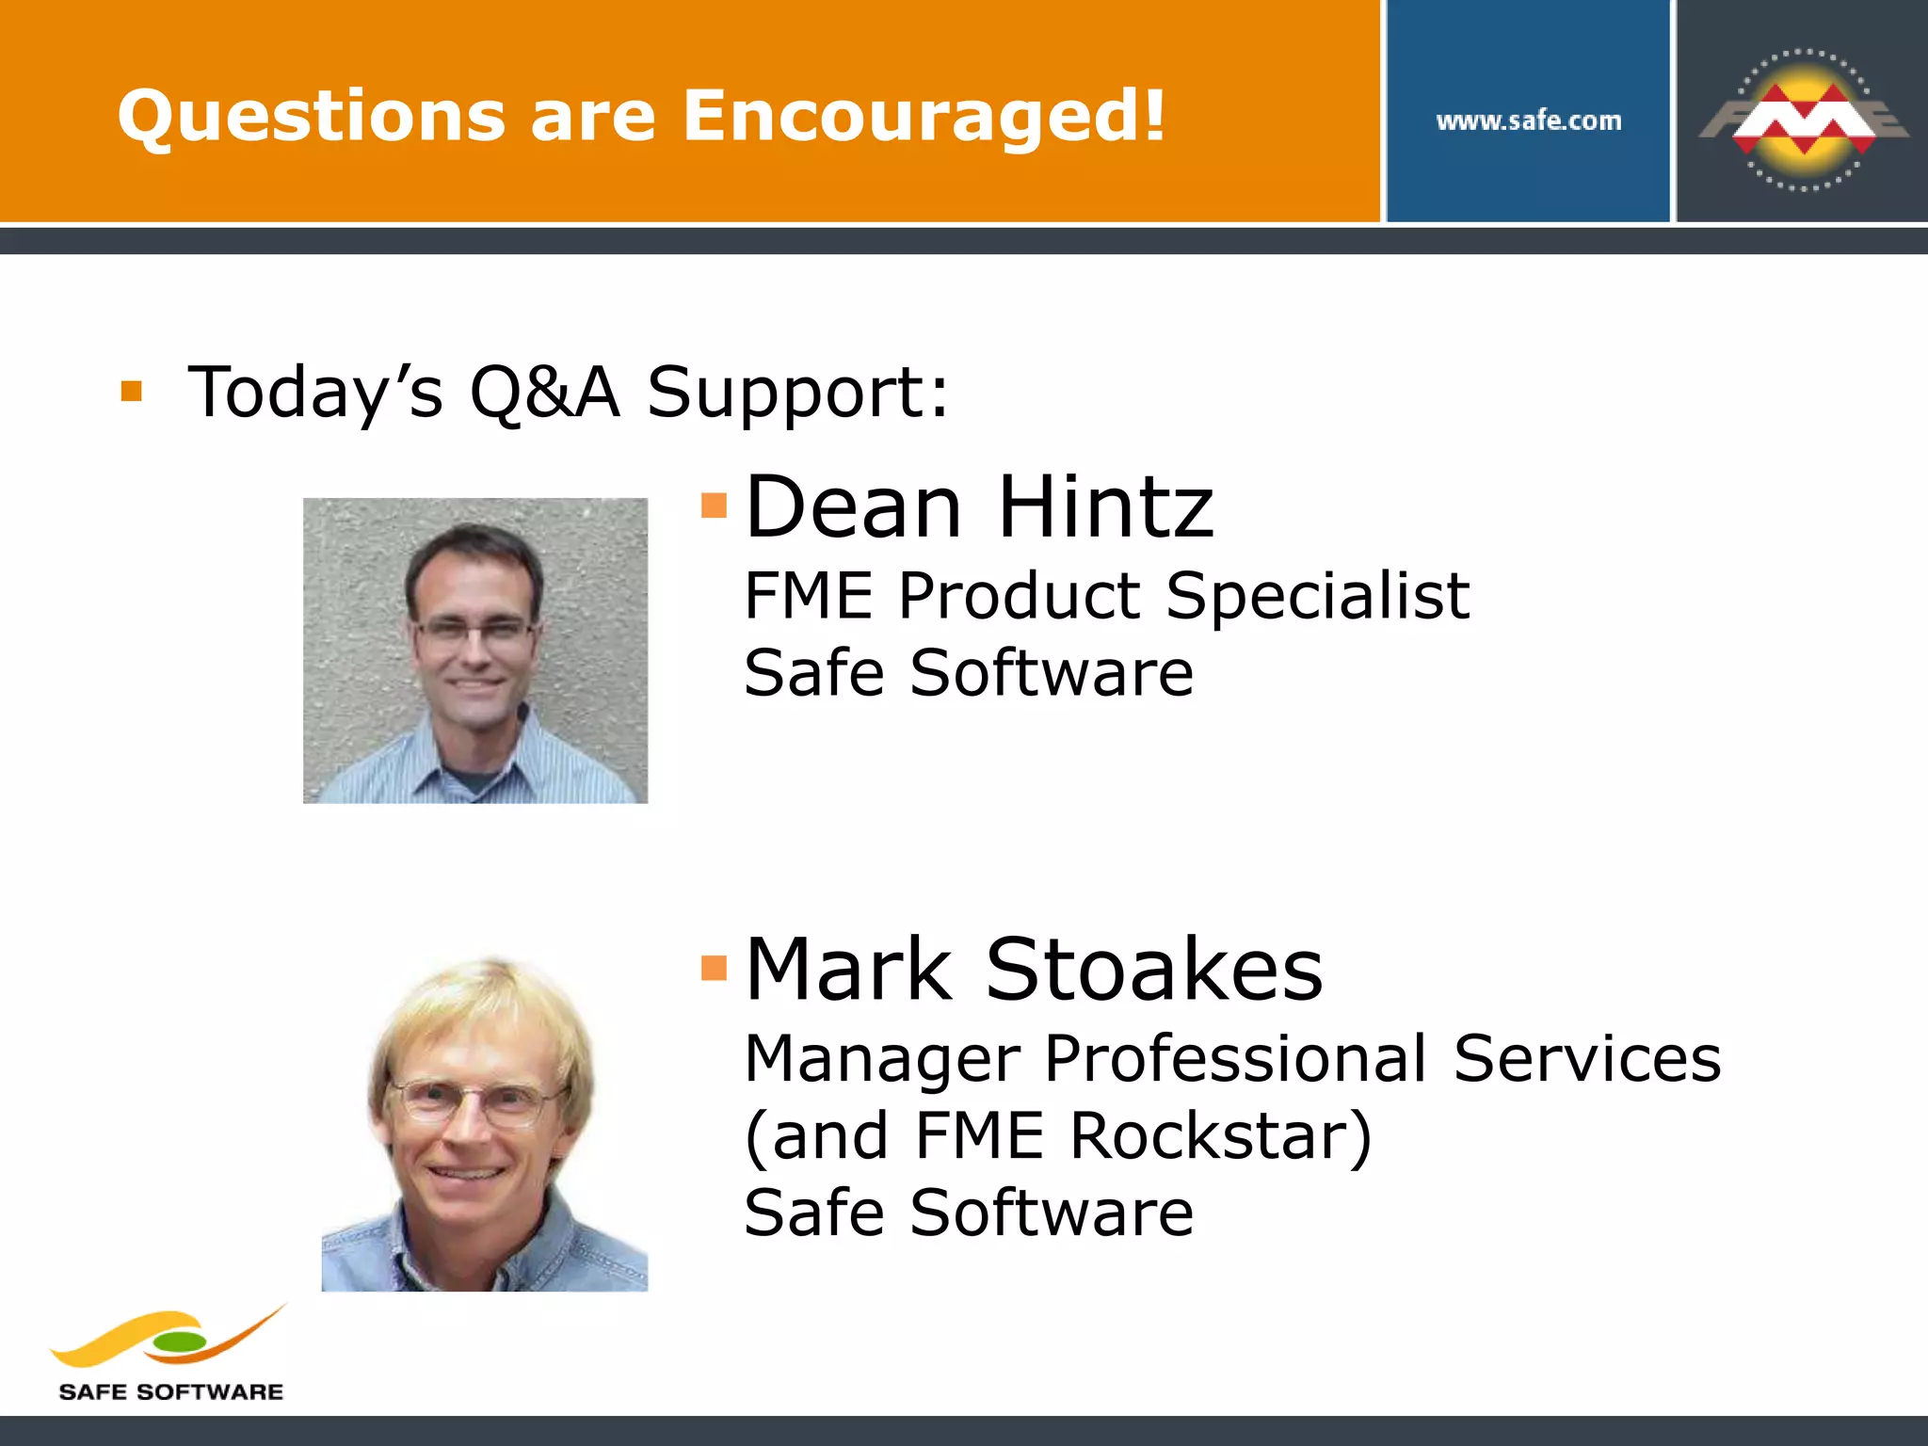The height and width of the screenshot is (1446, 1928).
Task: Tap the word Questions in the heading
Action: click(x=311, y=117)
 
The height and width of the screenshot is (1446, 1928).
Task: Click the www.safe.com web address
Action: click(x=1529, y=120)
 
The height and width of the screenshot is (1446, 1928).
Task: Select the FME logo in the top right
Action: click(x=1803, y=120)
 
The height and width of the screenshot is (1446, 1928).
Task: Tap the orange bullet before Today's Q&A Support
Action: click(x=132, y=391)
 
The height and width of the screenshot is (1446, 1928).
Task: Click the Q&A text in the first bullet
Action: click(x=544, y=392)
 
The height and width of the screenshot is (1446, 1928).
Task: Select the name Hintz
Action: click(x=1105, y=507)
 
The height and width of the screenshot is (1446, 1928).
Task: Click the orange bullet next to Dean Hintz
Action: click(x=715, y=506)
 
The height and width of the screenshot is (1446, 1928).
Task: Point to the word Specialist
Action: click(x=1317, y=596)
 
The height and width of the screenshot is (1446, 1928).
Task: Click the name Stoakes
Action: click(x=1154, y=970)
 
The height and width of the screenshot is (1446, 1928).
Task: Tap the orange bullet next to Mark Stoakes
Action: click(x=715, y=968)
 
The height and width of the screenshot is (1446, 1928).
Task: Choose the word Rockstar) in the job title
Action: click(x=1220, y=1135)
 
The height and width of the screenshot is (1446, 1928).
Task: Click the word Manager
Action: click(x=882, y=1059)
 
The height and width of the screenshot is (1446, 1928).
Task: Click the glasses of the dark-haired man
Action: click(x=474, y=630)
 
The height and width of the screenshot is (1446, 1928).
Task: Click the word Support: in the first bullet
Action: click(x=798, y=392)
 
